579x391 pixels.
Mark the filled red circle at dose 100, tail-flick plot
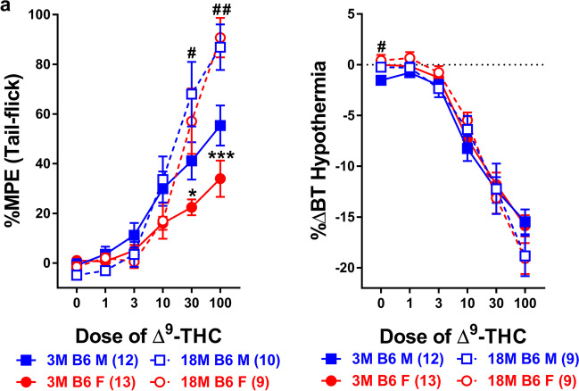(220, 179)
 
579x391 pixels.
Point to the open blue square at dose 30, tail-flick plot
(191, 93)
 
